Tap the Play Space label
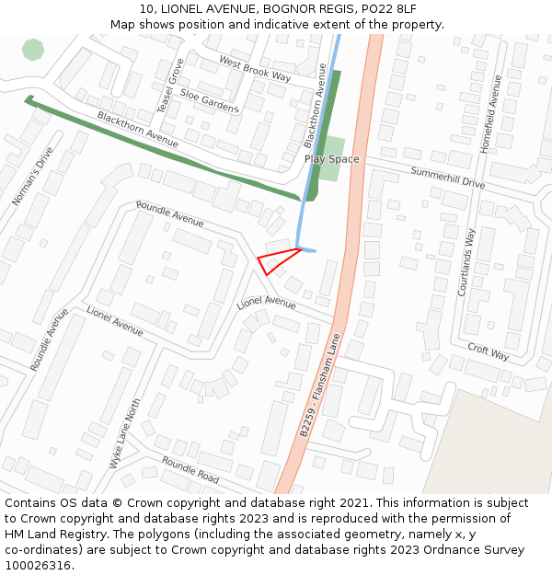click(x=332, y=159)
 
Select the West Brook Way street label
click(x=254, y=69)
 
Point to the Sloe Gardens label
click(x=209, y=100)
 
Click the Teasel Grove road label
click(x=170, y=86)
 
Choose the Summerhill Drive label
click(x=447, y=178)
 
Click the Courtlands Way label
click(x=466, y=262)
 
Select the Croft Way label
click(x=488, y=351)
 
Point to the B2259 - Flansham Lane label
click(x=320, y=385)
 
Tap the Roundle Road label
click(x=190, y=470)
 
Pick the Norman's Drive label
click(x=27, y=177)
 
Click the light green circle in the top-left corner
click(x=33, y=50)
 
